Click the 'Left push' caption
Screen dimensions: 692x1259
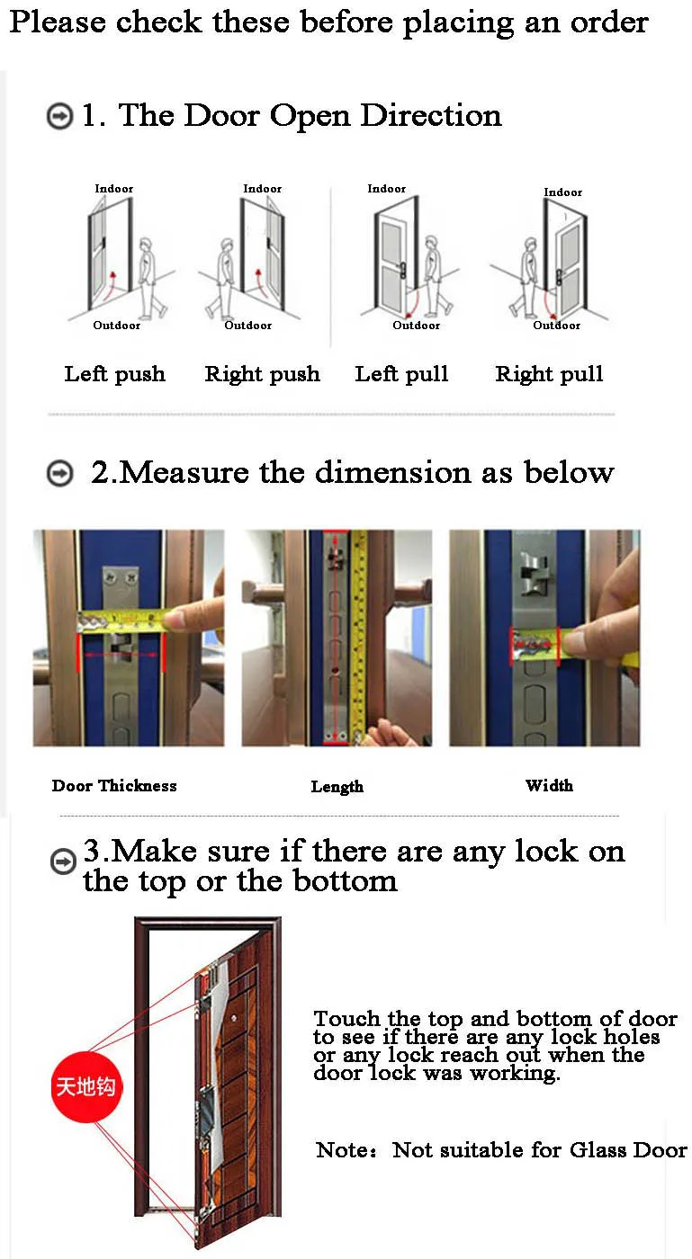[115, 374]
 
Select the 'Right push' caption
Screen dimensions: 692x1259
[262, 374]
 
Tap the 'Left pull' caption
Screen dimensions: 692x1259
[401, 374]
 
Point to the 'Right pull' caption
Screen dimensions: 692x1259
[549, 374]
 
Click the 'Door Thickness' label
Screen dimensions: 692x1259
[114, 785]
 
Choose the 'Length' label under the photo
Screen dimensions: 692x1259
[337, 786]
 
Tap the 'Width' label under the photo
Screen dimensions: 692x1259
[549, 785]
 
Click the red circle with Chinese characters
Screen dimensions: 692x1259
[86, 1086]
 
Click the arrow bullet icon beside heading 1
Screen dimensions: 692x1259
[59, 116]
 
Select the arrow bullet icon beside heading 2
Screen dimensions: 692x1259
[59, 473]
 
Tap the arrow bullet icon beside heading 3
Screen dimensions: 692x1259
[63, 862]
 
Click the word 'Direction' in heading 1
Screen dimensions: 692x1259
[431, 116]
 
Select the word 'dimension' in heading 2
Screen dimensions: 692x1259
[392, 472]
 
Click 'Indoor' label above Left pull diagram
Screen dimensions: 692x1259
[387, 189]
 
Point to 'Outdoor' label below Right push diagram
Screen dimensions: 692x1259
[248, 326]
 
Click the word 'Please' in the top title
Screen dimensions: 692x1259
[58, 23]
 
